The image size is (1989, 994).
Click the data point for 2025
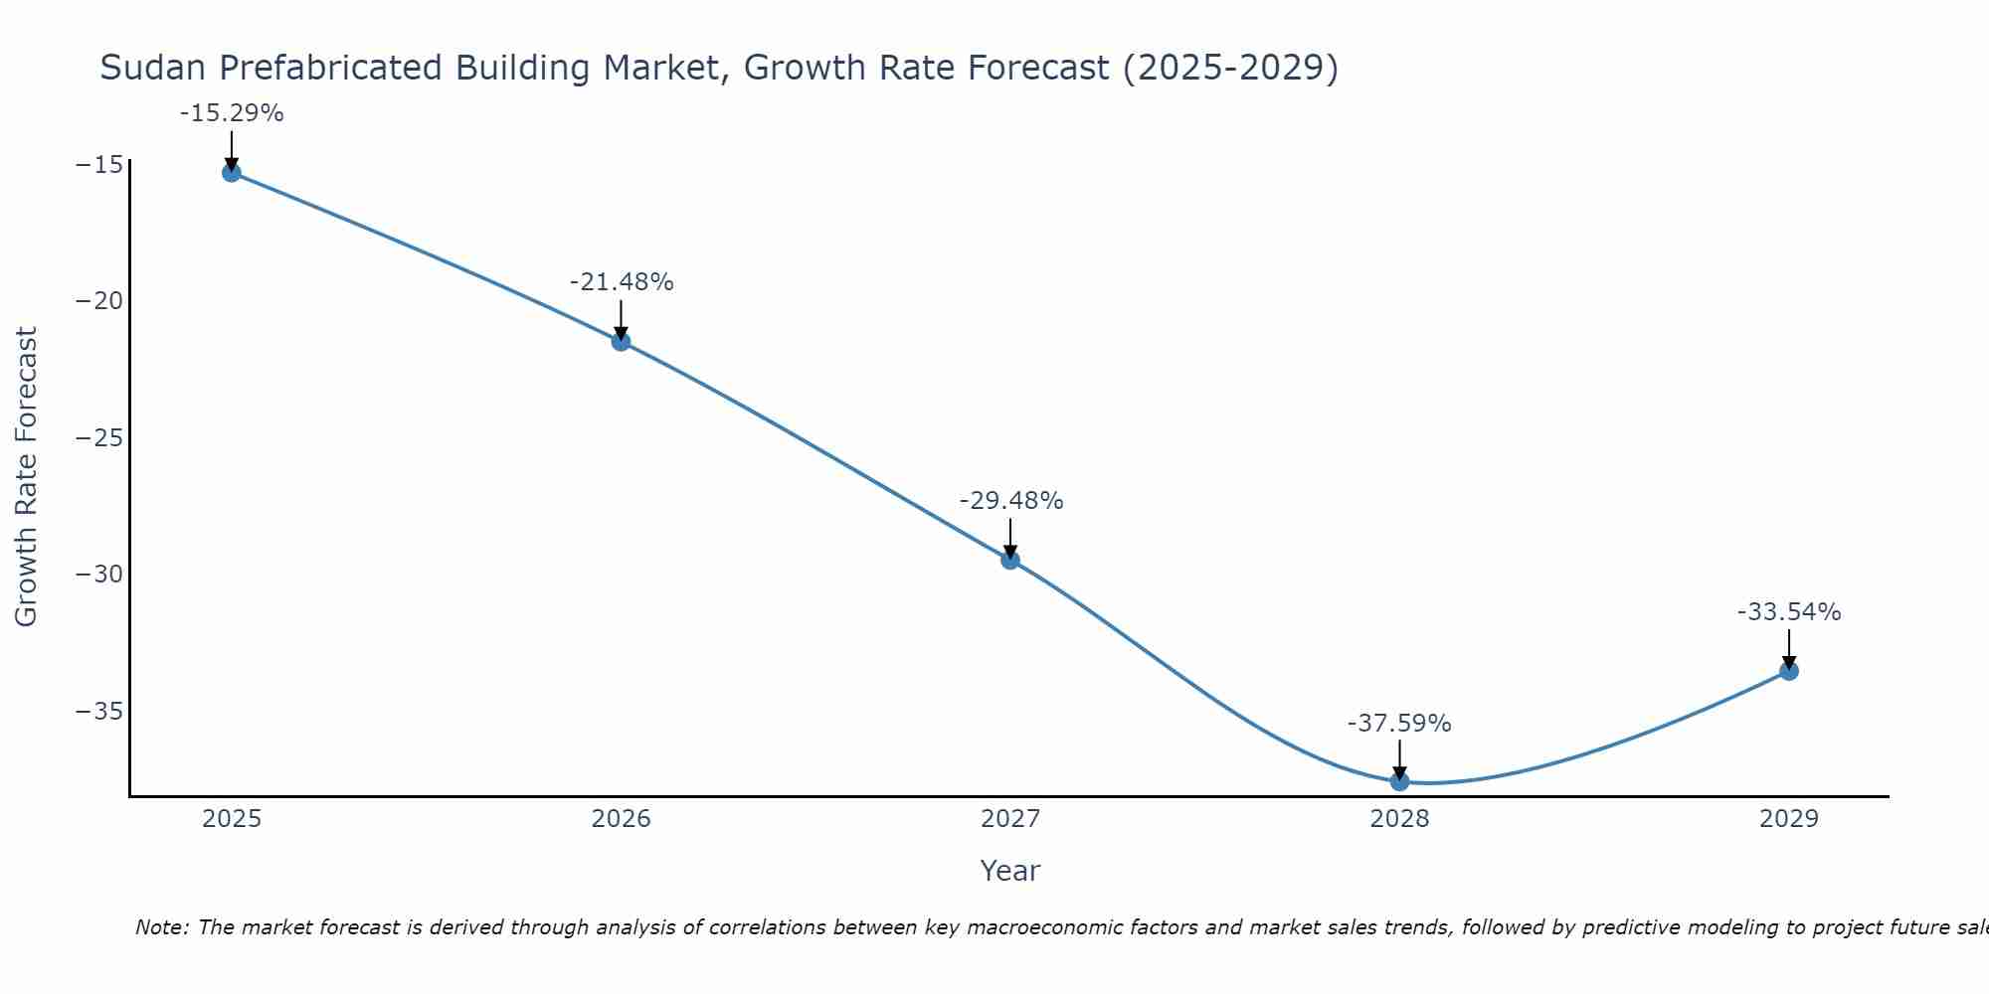tap(232, 173)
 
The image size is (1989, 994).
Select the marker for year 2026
tap(621, 342)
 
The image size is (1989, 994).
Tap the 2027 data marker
tap(1010, 561)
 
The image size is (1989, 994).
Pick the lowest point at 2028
tap(1399, 781)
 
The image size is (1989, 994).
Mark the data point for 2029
tap(1789, 671)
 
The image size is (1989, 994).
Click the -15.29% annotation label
tap(232, 113)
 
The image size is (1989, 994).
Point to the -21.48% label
tap(622, 282)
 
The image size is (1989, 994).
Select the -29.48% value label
tap(1011, 501)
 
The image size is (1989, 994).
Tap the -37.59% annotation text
tap(1399, 724)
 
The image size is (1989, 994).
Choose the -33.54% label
tap(1789, 612)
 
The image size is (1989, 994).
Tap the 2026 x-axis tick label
tap(621, 819)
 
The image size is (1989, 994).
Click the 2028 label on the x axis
tap(1399, 819)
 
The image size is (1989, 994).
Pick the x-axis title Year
tap(1009, 871)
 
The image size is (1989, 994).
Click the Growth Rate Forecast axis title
tap(27, 477)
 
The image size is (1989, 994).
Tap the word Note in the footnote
tap(160, 927)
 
